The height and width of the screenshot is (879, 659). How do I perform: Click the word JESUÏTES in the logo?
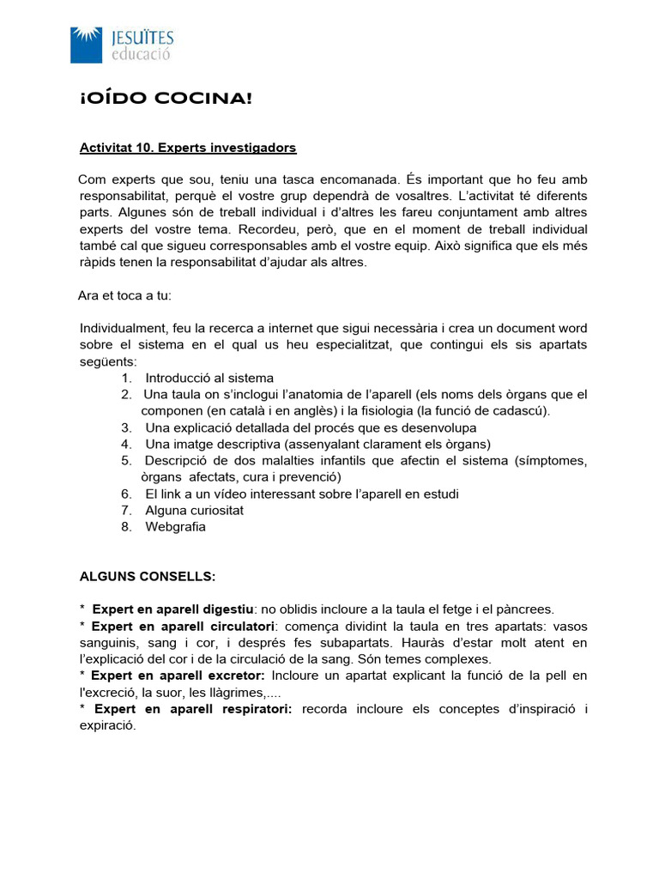142,37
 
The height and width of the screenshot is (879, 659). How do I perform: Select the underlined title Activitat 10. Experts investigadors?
188,148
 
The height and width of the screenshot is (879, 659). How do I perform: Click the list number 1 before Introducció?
126,378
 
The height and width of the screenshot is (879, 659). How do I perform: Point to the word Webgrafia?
176,526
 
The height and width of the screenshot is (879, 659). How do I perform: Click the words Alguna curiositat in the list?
195,510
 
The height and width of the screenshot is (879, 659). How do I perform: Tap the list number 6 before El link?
126,494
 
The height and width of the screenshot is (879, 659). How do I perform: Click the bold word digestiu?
230,609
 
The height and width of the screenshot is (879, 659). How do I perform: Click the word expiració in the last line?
107,725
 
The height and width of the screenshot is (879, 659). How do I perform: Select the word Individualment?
120,329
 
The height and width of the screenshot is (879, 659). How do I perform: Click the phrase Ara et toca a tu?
125,296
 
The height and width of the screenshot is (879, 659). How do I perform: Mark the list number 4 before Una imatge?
126,444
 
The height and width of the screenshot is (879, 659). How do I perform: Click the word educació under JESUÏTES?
142,53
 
